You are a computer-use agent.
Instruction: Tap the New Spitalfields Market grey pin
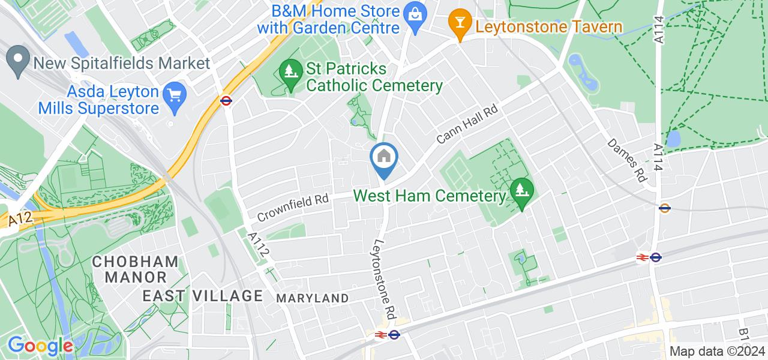pos(17,61)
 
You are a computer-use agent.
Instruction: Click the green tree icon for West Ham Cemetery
pos(521,191)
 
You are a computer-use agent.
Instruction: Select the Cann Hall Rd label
pos(468,125)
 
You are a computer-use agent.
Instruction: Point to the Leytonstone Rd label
pos(385,279)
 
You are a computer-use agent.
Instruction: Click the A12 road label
pos(20,220)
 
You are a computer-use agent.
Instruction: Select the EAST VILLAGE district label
pos(203,295)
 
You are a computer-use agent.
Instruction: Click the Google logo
pos(41,346)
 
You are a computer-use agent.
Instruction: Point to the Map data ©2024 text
pos(718,352)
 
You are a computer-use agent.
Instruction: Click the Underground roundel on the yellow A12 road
pos(226,101)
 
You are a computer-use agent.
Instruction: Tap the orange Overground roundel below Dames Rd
pos(664,208)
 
